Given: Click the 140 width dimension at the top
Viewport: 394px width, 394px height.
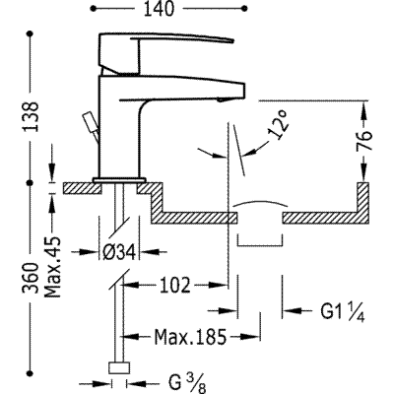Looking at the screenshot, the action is [x=159, y=9].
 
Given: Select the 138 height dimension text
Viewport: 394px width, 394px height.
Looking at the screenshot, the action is [x=31, y=117].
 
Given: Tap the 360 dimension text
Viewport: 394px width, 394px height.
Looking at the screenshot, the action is [x=31, y=278].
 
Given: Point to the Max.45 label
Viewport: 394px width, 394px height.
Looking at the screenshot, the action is [x=52, y=267].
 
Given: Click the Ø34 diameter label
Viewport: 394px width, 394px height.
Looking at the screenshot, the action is [x=119, y=252].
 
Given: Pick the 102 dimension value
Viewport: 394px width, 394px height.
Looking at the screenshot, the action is [x=175, y=285].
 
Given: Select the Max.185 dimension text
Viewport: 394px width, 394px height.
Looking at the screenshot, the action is [x=190, y=337].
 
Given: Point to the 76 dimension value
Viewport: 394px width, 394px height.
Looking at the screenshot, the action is [x=363, y=141].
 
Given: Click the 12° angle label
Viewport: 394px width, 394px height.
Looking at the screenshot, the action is [x=279, y=127].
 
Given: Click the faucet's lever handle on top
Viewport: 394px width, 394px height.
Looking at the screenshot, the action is [x=164, y=51].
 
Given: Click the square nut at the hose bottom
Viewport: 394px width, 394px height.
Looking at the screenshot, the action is [x=119, y=367].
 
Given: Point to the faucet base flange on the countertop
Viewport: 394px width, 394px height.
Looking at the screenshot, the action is [x=119, y=180].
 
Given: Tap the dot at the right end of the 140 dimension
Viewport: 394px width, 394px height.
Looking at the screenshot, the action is [x=244, y=9].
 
